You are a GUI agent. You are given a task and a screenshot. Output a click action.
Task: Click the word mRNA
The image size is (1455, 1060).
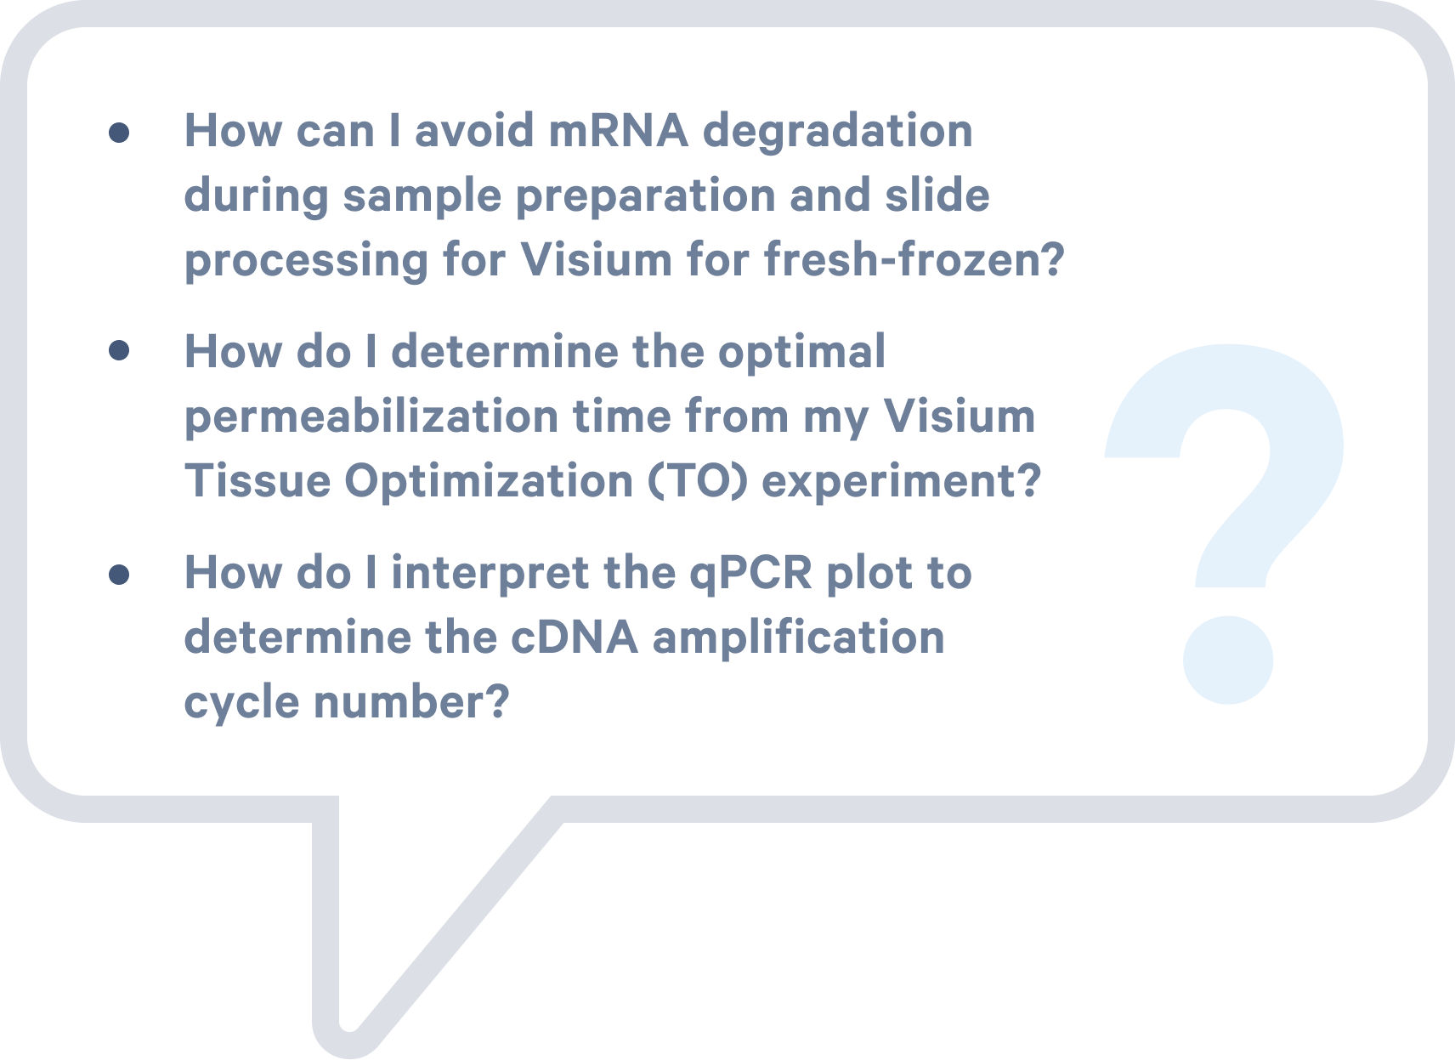pos(619,131)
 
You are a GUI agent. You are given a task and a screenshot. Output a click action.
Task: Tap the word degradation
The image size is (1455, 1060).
pos(838,133)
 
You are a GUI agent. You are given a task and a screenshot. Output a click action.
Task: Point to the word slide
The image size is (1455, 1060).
pos(937,195)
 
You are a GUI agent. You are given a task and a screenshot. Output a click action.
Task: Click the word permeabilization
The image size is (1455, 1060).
pos(371,417)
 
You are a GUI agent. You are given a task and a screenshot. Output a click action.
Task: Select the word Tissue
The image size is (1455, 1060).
pos(258,481)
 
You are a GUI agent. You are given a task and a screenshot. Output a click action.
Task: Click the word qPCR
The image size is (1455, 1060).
pos(750,575)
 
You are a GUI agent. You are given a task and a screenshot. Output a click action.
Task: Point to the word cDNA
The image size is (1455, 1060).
pos(575,638)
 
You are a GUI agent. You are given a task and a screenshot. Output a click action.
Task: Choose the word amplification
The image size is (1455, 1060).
pos(798,638)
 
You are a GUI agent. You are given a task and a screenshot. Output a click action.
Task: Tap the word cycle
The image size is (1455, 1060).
pos(241,704)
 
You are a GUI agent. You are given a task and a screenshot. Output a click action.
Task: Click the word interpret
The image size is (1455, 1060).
pos(490,575)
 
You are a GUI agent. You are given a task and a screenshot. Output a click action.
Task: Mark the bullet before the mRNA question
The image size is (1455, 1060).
pos(119,133)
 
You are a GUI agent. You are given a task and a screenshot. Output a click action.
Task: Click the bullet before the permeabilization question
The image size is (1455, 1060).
pos(119,350)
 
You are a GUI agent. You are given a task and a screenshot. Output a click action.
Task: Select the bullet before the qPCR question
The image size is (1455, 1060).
pos(119,574)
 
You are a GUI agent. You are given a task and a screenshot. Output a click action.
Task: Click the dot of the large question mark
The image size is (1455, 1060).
pos(1227,660)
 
